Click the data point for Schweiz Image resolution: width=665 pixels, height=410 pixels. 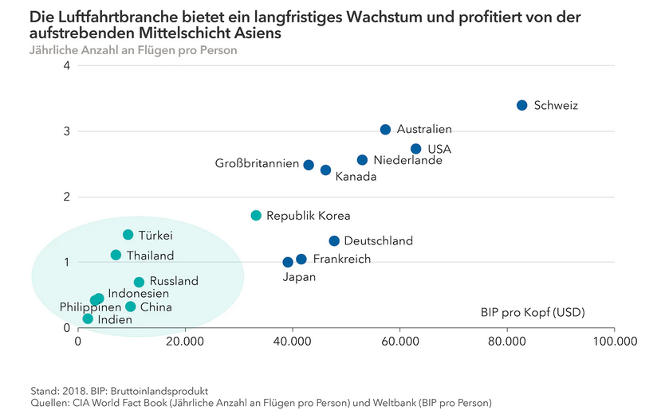(x=521, y=105)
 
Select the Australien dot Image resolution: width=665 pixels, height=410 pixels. (x=385, y=129)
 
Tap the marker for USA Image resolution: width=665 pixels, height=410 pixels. (x=415, y=149)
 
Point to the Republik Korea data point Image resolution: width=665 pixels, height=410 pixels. (x=256, y=215)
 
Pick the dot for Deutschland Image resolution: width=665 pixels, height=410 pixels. (x=334, y=240)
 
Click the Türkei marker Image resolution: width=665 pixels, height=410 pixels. (x=128, y=235)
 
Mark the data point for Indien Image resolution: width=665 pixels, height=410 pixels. (x=88, y=318)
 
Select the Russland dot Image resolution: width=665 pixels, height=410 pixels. (x=139, y=282)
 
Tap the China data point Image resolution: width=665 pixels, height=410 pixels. (x=131, y=307)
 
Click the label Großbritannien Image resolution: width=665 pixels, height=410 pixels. (x=257, y=164)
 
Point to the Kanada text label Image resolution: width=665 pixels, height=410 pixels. (x=356, y=177)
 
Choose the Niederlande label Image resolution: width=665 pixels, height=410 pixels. (x=407, y=160)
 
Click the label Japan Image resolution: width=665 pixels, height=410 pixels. (x=300, y=277)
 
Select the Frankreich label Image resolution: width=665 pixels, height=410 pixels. (x=341, y=259)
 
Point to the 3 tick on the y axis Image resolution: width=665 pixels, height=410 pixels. (x=67, y=131)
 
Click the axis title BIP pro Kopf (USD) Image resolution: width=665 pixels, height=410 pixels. (x=532, y=312)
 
